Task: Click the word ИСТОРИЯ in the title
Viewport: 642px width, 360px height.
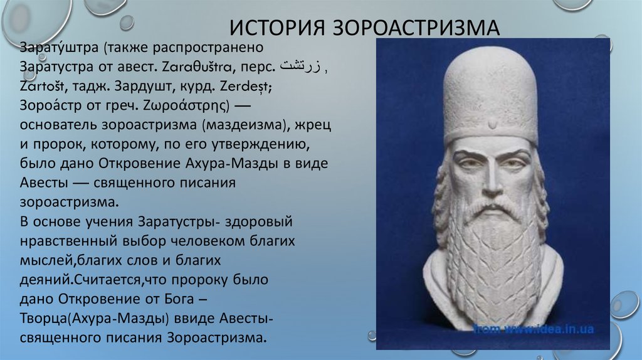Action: pos(276,27)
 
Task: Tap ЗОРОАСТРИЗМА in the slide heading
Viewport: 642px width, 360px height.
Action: pos(416,27)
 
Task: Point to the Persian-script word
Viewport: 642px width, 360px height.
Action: pos(300,66)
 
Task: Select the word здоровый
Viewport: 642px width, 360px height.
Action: pos(259,222)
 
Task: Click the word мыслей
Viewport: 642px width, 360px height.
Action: pos(47,260)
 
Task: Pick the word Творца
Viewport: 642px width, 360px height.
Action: pos(45,319)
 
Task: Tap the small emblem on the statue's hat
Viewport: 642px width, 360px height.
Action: pos(492,123)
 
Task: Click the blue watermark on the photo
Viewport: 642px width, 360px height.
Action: pos(534,329)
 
